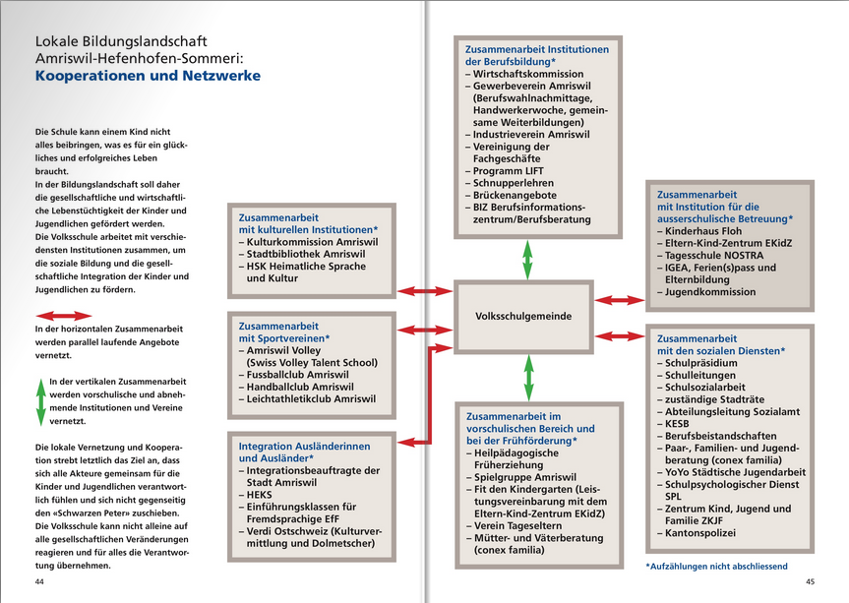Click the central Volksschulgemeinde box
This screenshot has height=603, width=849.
[x=522, y=316]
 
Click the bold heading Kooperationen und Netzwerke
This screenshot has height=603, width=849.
[x=149, y=76]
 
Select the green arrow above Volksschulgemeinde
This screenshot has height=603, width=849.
[x=527, y=259]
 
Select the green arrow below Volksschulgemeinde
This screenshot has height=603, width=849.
[x=528, y=377]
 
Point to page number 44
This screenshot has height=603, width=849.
[x=40, y=581]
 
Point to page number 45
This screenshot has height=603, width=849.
[x=810, y=581]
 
